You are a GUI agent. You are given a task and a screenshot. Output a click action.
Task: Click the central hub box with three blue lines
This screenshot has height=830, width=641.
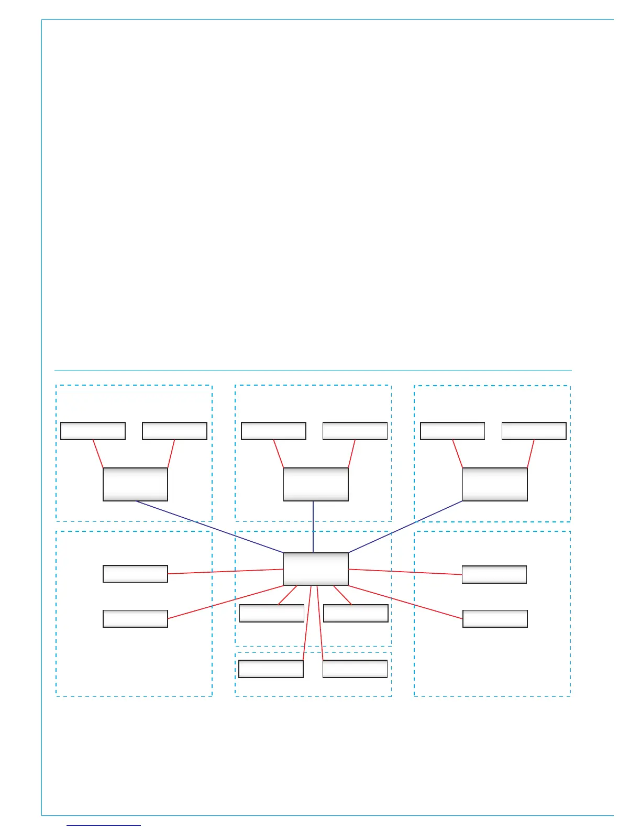(x=315, y=569)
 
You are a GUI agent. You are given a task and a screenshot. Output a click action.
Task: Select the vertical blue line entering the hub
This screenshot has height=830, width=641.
(x=313, y=527)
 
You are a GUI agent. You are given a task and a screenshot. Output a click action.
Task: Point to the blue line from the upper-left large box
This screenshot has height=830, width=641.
(x=209, y=527)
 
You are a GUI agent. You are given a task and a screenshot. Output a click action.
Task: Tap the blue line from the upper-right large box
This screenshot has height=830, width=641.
(x=406, y=526)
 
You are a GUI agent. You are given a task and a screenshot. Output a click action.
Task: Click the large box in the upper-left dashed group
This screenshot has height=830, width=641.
(x=135, y=484)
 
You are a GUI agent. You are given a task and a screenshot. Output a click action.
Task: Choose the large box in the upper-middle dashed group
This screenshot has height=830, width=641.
(x=315, y=484)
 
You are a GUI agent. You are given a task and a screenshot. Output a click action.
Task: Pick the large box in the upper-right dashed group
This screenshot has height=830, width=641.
(x=495, y=484)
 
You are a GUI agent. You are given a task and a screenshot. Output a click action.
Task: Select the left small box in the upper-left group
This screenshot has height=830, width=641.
(x=93, y=431)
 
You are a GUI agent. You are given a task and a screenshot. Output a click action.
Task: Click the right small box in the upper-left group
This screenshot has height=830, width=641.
(x=174, y=431)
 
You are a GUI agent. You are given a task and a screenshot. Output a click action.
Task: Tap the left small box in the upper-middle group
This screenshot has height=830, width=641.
(x=273, y=431)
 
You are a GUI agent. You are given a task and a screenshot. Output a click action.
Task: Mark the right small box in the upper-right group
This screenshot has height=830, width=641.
(x=534, y=431)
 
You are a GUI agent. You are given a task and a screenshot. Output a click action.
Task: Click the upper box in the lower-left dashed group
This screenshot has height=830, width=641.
(x=135, y=574)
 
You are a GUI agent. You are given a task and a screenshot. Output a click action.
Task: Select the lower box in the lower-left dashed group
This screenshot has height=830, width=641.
(x=135, y=618)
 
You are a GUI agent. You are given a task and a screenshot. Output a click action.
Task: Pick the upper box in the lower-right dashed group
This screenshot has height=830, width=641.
(x=494, y=574)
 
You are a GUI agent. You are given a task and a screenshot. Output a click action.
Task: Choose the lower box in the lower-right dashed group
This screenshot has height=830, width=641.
(x=495, y=618)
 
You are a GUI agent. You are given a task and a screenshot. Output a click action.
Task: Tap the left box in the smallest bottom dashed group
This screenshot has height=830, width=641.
(x=271, y=669)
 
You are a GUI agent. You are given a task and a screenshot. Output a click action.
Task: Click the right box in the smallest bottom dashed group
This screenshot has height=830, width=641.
(x=355, y=669)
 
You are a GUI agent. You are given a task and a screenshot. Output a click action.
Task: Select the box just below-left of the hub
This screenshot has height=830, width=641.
(x=271, y=613)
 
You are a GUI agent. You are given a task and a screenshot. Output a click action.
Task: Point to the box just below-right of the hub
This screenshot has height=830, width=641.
(x=356, y=613)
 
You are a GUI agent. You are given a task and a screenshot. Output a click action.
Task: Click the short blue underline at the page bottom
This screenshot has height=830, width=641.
(x=104, y=825)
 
